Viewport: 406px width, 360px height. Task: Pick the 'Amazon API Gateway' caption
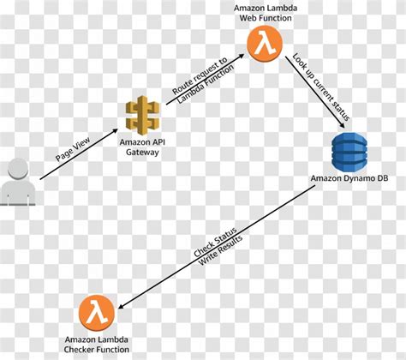143,147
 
